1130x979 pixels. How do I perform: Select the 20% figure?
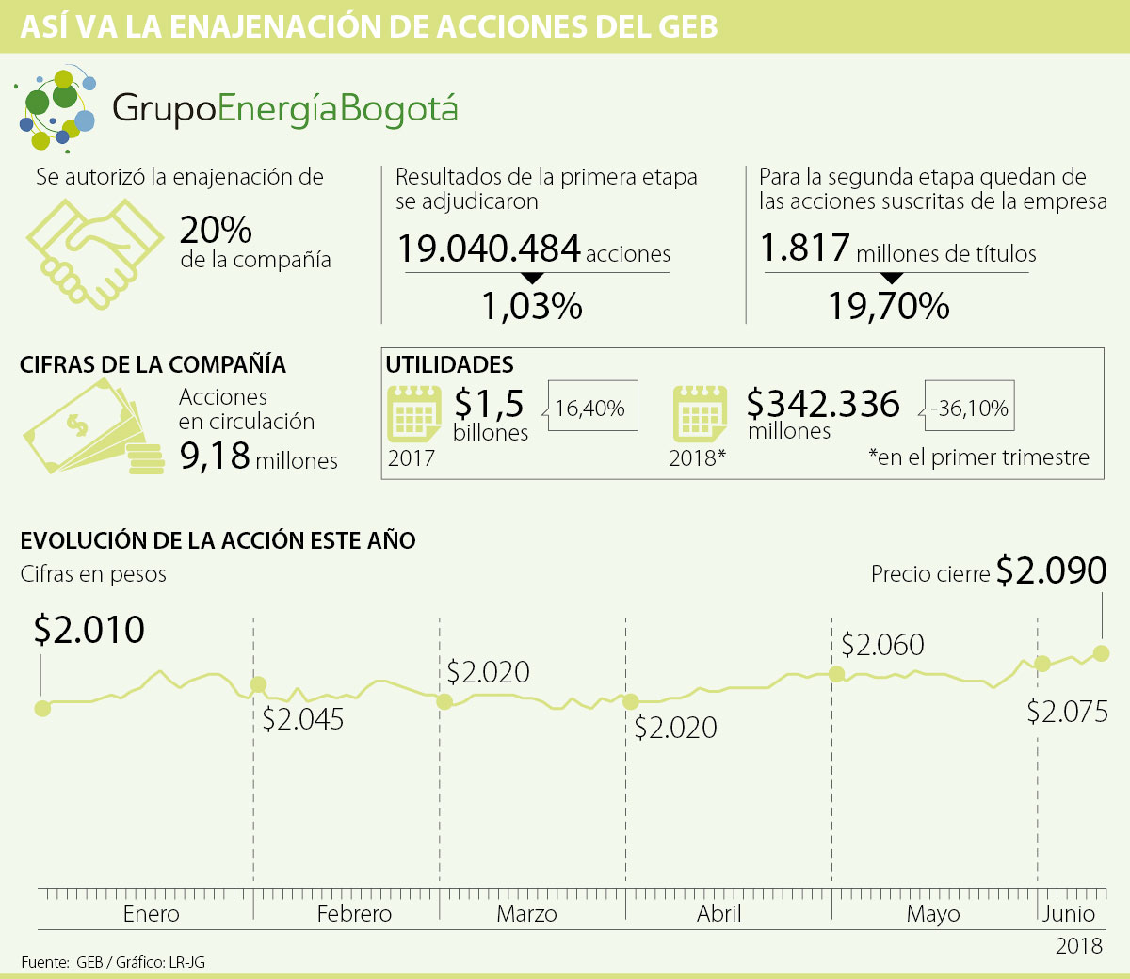pos(216,229)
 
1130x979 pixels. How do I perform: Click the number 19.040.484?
pos(489,249)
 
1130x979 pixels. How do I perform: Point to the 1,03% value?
pos(532,306)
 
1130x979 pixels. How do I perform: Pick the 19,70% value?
pos(888,306)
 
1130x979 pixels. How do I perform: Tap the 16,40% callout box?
pos(590,408)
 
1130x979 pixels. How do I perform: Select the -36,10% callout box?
pos(969,408)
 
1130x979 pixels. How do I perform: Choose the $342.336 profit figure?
pos(823,403)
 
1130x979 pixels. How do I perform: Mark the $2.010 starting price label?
pos(89,630)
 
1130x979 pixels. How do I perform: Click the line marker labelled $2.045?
pos(257,685)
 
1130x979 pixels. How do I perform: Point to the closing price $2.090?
pos(1051,570)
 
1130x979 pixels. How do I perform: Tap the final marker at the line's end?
pos(1102,652)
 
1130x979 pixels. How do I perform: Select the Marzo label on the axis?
pos(526,913)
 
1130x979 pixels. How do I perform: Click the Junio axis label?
pos(1069,913)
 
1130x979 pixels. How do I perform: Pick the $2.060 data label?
pos(882,645)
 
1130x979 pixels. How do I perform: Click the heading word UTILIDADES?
pos(449,364)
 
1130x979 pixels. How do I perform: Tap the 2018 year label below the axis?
pos(1078,945)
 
